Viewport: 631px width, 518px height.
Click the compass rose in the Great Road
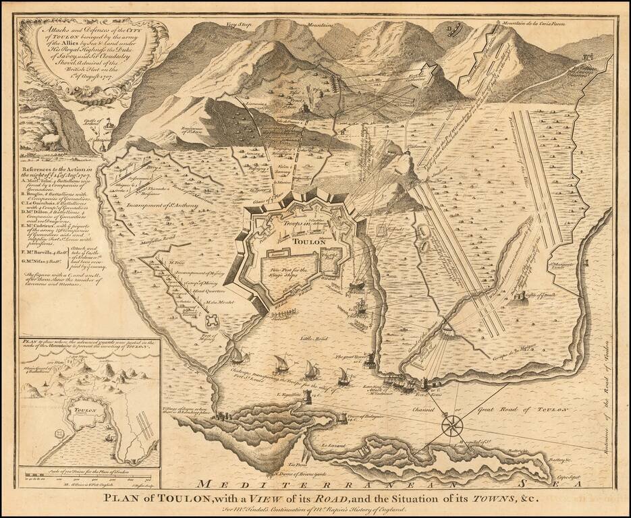tap(452, 426)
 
